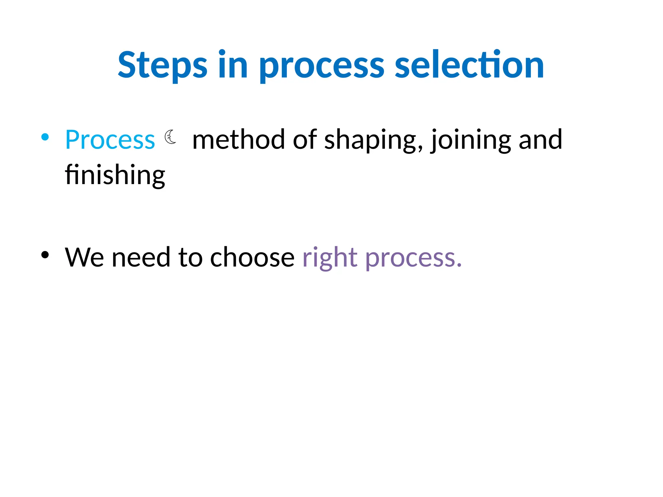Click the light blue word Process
click(x=110, y=140)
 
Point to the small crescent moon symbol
click(x=170, y=137)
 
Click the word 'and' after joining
click(x=540, y=140)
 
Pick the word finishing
click(x=115, y=175)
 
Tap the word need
click(x=141, y=258)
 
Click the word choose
click(x=252, y=258)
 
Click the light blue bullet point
click(x=45, y=137)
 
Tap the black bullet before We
click(x=45, y=255)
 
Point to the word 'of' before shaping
click(x=305, y=140)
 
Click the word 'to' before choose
click(x=190, y=258)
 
